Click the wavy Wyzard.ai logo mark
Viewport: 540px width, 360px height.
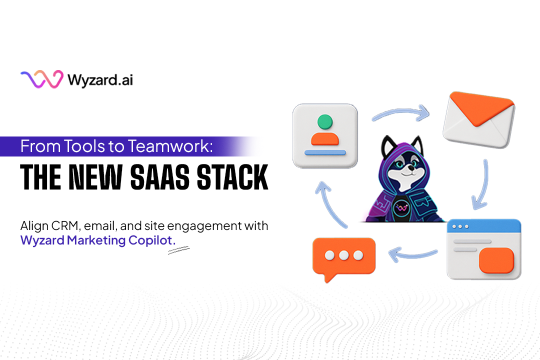(42, 79)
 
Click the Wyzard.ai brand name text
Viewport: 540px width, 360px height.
(100, 80)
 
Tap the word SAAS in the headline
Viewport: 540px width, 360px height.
(160, 177)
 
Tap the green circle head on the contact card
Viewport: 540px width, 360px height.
(325, 121)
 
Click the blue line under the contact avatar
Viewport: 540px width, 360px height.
(325, 152)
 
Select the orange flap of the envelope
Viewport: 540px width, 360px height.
(481, 107)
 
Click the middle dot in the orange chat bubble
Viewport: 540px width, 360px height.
(343, 255)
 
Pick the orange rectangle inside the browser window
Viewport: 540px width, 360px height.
(496, 260)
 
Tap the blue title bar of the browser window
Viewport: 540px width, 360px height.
(484, 226)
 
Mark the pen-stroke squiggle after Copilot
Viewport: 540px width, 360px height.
(178, 250)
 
